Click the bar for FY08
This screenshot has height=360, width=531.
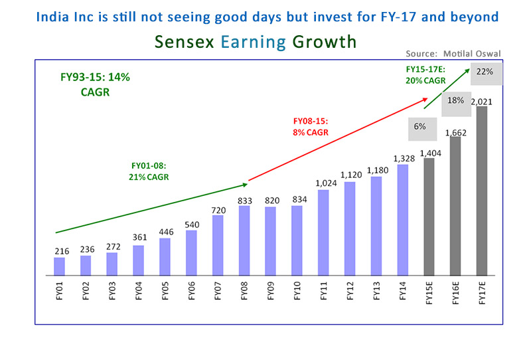[244, 240]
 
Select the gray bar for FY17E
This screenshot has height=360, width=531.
[482, 191]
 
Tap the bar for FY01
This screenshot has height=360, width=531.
[59, 266]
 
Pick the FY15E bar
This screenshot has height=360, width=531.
[429, 216]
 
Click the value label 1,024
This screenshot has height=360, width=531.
[323, 183]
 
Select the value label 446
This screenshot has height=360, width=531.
[165, 231]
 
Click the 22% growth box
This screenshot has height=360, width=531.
[485, 72]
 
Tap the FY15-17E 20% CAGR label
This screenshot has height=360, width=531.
[425, 74]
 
